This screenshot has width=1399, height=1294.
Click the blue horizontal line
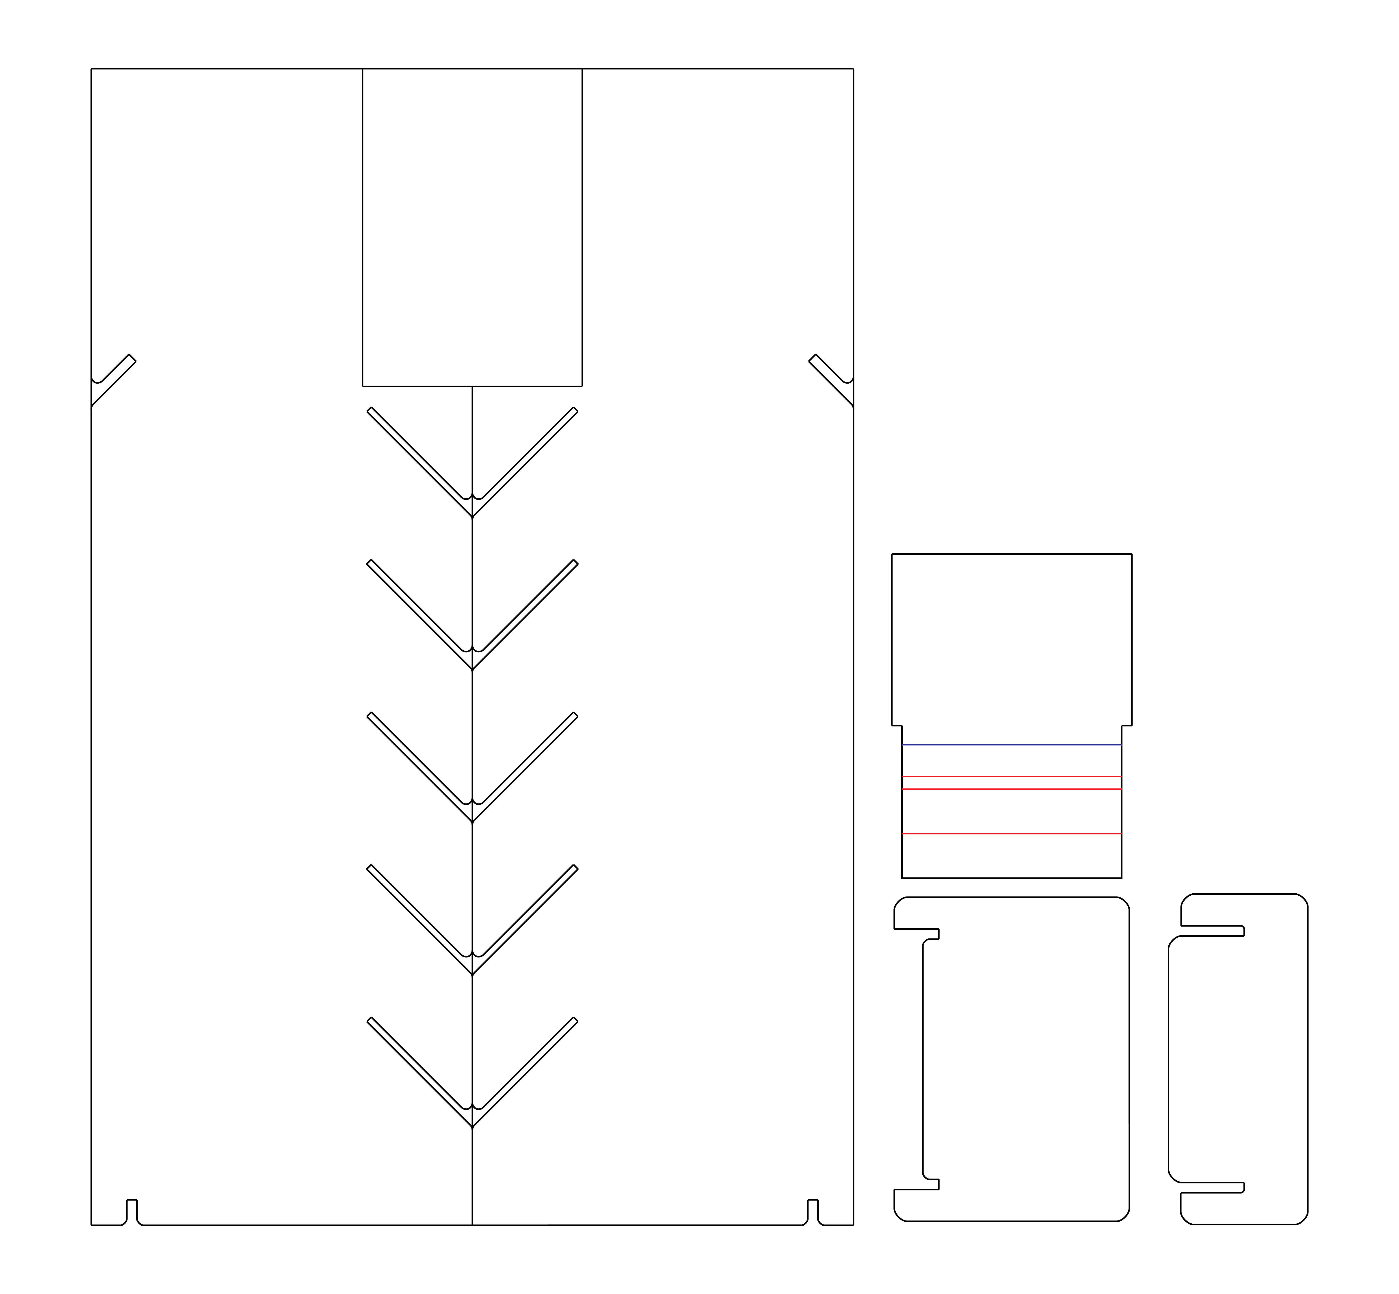[x=1011, y=744]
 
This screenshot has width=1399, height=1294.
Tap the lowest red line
[x=1011, y=833]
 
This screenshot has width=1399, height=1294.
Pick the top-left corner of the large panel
[x=92, y=69]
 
